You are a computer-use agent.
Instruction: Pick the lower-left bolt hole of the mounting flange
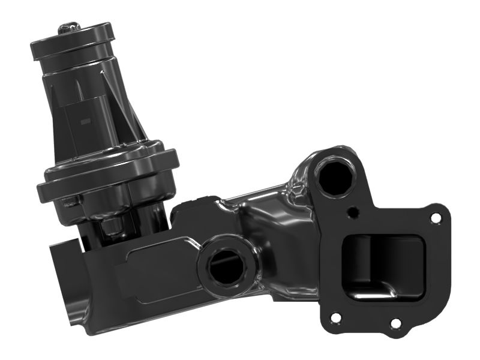[336, 317]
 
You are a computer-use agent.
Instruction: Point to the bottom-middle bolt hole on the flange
[395, 323]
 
